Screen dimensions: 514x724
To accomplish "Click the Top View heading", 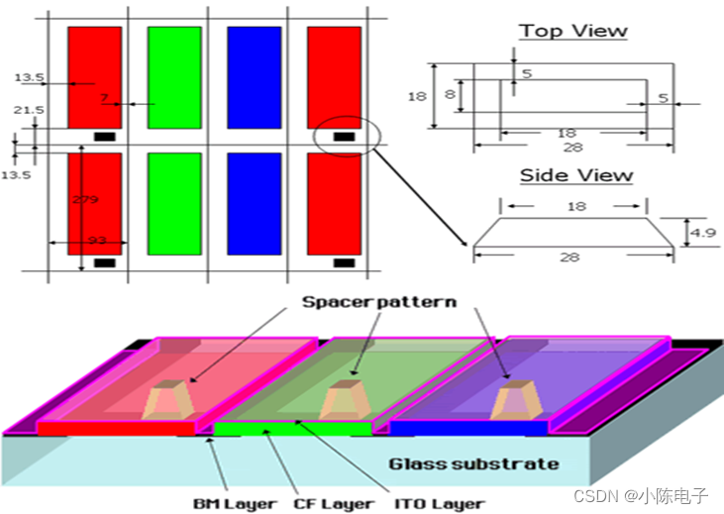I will tap(573, 31).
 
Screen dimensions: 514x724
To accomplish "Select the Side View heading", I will tap(575, 175).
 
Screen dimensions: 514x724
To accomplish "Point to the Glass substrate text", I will tap(472, 463).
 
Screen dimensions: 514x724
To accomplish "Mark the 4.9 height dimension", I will tap(701, 233).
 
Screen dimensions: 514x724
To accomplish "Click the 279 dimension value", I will tap(86, 199).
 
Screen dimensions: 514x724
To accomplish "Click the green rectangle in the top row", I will tap(173, 77).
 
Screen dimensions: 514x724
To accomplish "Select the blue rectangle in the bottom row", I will tap(254, 204).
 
